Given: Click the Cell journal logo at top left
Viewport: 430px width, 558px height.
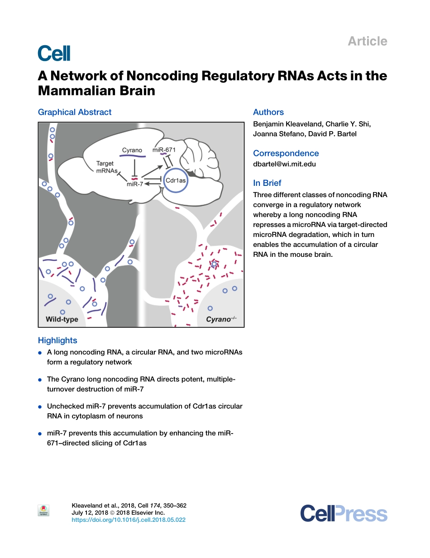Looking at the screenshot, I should pyautogui.click(x=54, y=53).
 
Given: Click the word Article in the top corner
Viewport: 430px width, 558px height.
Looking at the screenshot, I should pyautogui.click(x=367, y=41).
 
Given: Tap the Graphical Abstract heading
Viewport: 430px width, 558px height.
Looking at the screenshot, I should pyautogui.click(x=75, y=112).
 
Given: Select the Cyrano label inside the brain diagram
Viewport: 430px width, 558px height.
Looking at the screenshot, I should pyautogui.click(x=132, y=150).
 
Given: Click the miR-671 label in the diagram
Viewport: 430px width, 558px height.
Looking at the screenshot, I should pyautogui.click(x=163, y=150).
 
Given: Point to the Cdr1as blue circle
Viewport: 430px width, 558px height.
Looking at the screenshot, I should pyautogui.click(x=176, y=180).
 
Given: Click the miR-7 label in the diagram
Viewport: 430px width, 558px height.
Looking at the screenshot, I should pyautogui.click(x=135, y=184).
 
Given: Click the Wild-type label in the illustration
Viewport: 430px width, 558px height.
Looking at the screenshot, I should pyautogui.click(x=62, y=319).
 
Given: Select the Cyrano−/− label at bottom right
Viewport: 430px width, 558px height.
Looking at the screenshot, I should pyautogui.click(x=221, y=319).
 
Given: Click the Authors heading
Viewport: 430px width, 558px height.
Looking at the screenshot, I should pyautogui.click(x=268, y=112).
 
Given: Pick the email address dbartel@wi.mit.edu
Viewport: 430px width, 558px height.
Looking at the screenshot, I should pyautogui.click(x=284, y=164).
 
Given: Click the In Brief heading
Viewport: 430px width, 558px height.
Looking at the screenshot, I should pyautogui.click(x=267, y=183).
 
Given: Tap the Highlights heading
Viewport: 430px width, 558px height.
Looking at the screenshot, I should pyautogui.click(x=57, y=340).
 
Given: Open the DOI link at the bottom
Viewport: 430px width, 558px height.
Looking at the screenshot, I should pyautogui.click(x=129, y=520).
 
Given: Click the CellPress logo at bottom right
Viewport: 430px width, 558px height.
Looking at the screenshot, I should pyautogui.click(x=344, y=514).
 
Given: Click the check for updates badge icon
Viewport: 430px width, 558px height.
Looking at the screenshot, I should pyautogui.click(x=43, y=511).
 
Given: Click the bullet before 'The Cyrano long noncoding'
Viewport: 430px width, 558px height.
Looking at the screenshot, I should pyautogui.click(x=40, y=380).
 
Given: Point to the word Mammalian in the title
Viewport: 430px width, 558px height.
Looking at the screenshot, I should pyautogui.click(x=70, y=91).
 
